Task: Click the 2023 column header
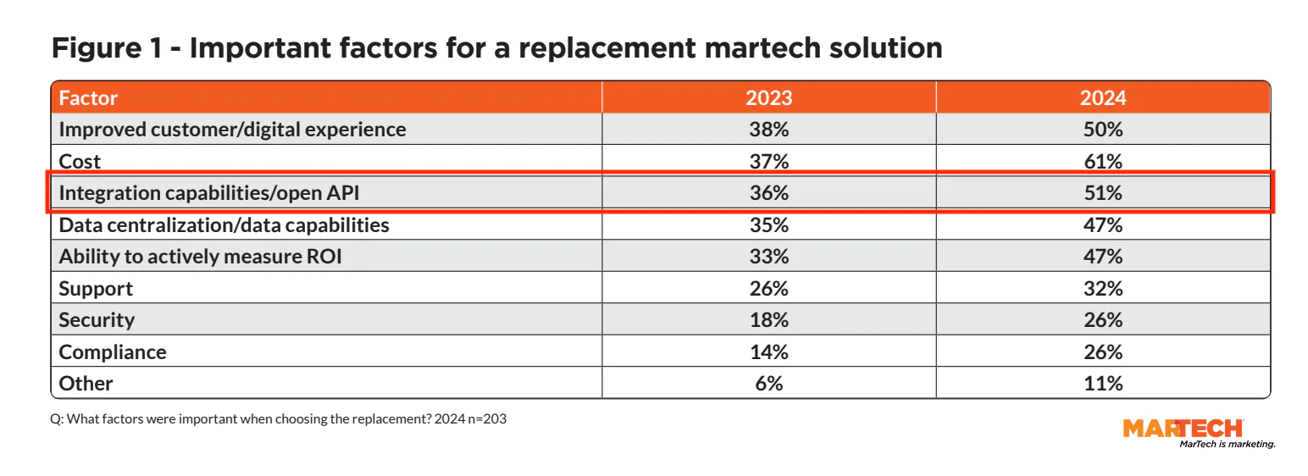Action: tap(768, 97)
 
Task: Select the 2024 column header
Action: tap(1102, 97)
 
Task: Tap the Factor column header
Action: tap(88, 97)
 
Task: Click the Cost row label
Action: tap(80, 161)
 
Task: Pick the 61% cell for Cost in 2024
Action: tap(1102, 161)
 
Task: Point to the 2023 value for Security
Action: tap(768, 320)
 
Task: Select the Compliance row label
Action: tap(113, 351)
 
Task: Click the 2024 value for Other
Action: tap(1102, 384)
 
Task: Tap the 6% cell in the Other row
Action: tap(768, 384)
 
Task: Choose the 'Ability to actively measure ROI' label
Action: tap(200, 257)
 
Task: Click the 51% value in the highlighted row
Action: tap(1102, 193)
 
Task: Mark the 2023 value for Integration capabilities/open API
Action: tap(768, 193)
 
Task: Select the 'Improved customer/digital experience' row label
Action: tap(232, 130)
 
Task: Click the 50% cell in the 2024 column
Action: tap(1102, 130)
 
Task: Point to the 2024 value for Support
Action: tap(1102, 288)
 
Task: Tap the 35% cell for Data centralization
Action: tap(768, 224)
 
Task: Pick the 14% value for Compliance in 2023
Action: tap(768, 351)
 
